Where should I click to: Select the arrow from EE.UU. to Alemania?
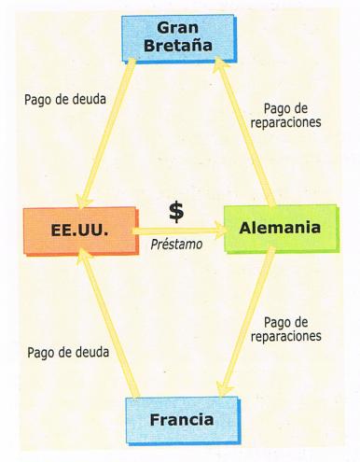point(177,230)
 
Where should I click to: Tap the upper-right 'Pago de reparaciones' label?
point(294,116)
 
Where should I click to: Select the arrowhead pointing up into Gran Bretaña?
point(219,65)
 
